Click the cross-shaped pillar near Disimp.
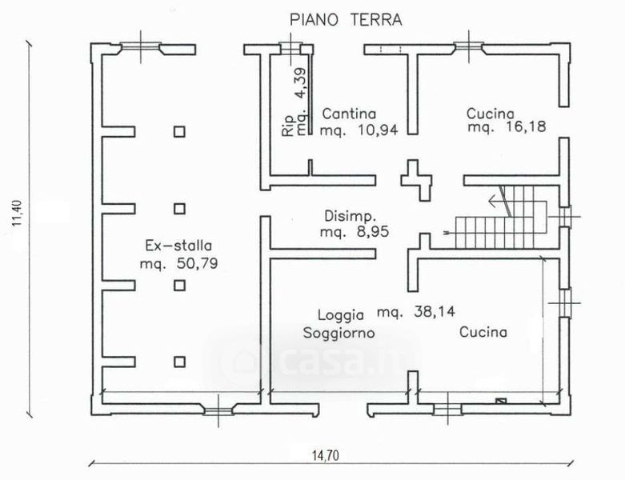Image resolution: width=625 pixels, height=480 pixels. click(x=413, y=180)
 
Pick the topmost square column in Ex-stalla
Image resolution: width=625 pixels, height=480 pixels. click(x=179, y=132)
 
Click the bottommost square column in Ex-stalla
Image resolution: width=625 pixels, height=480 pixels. click(x=179, y=361)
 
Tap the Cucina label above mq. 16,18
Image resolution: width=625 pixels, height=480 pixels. click(x=490, y=114)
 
